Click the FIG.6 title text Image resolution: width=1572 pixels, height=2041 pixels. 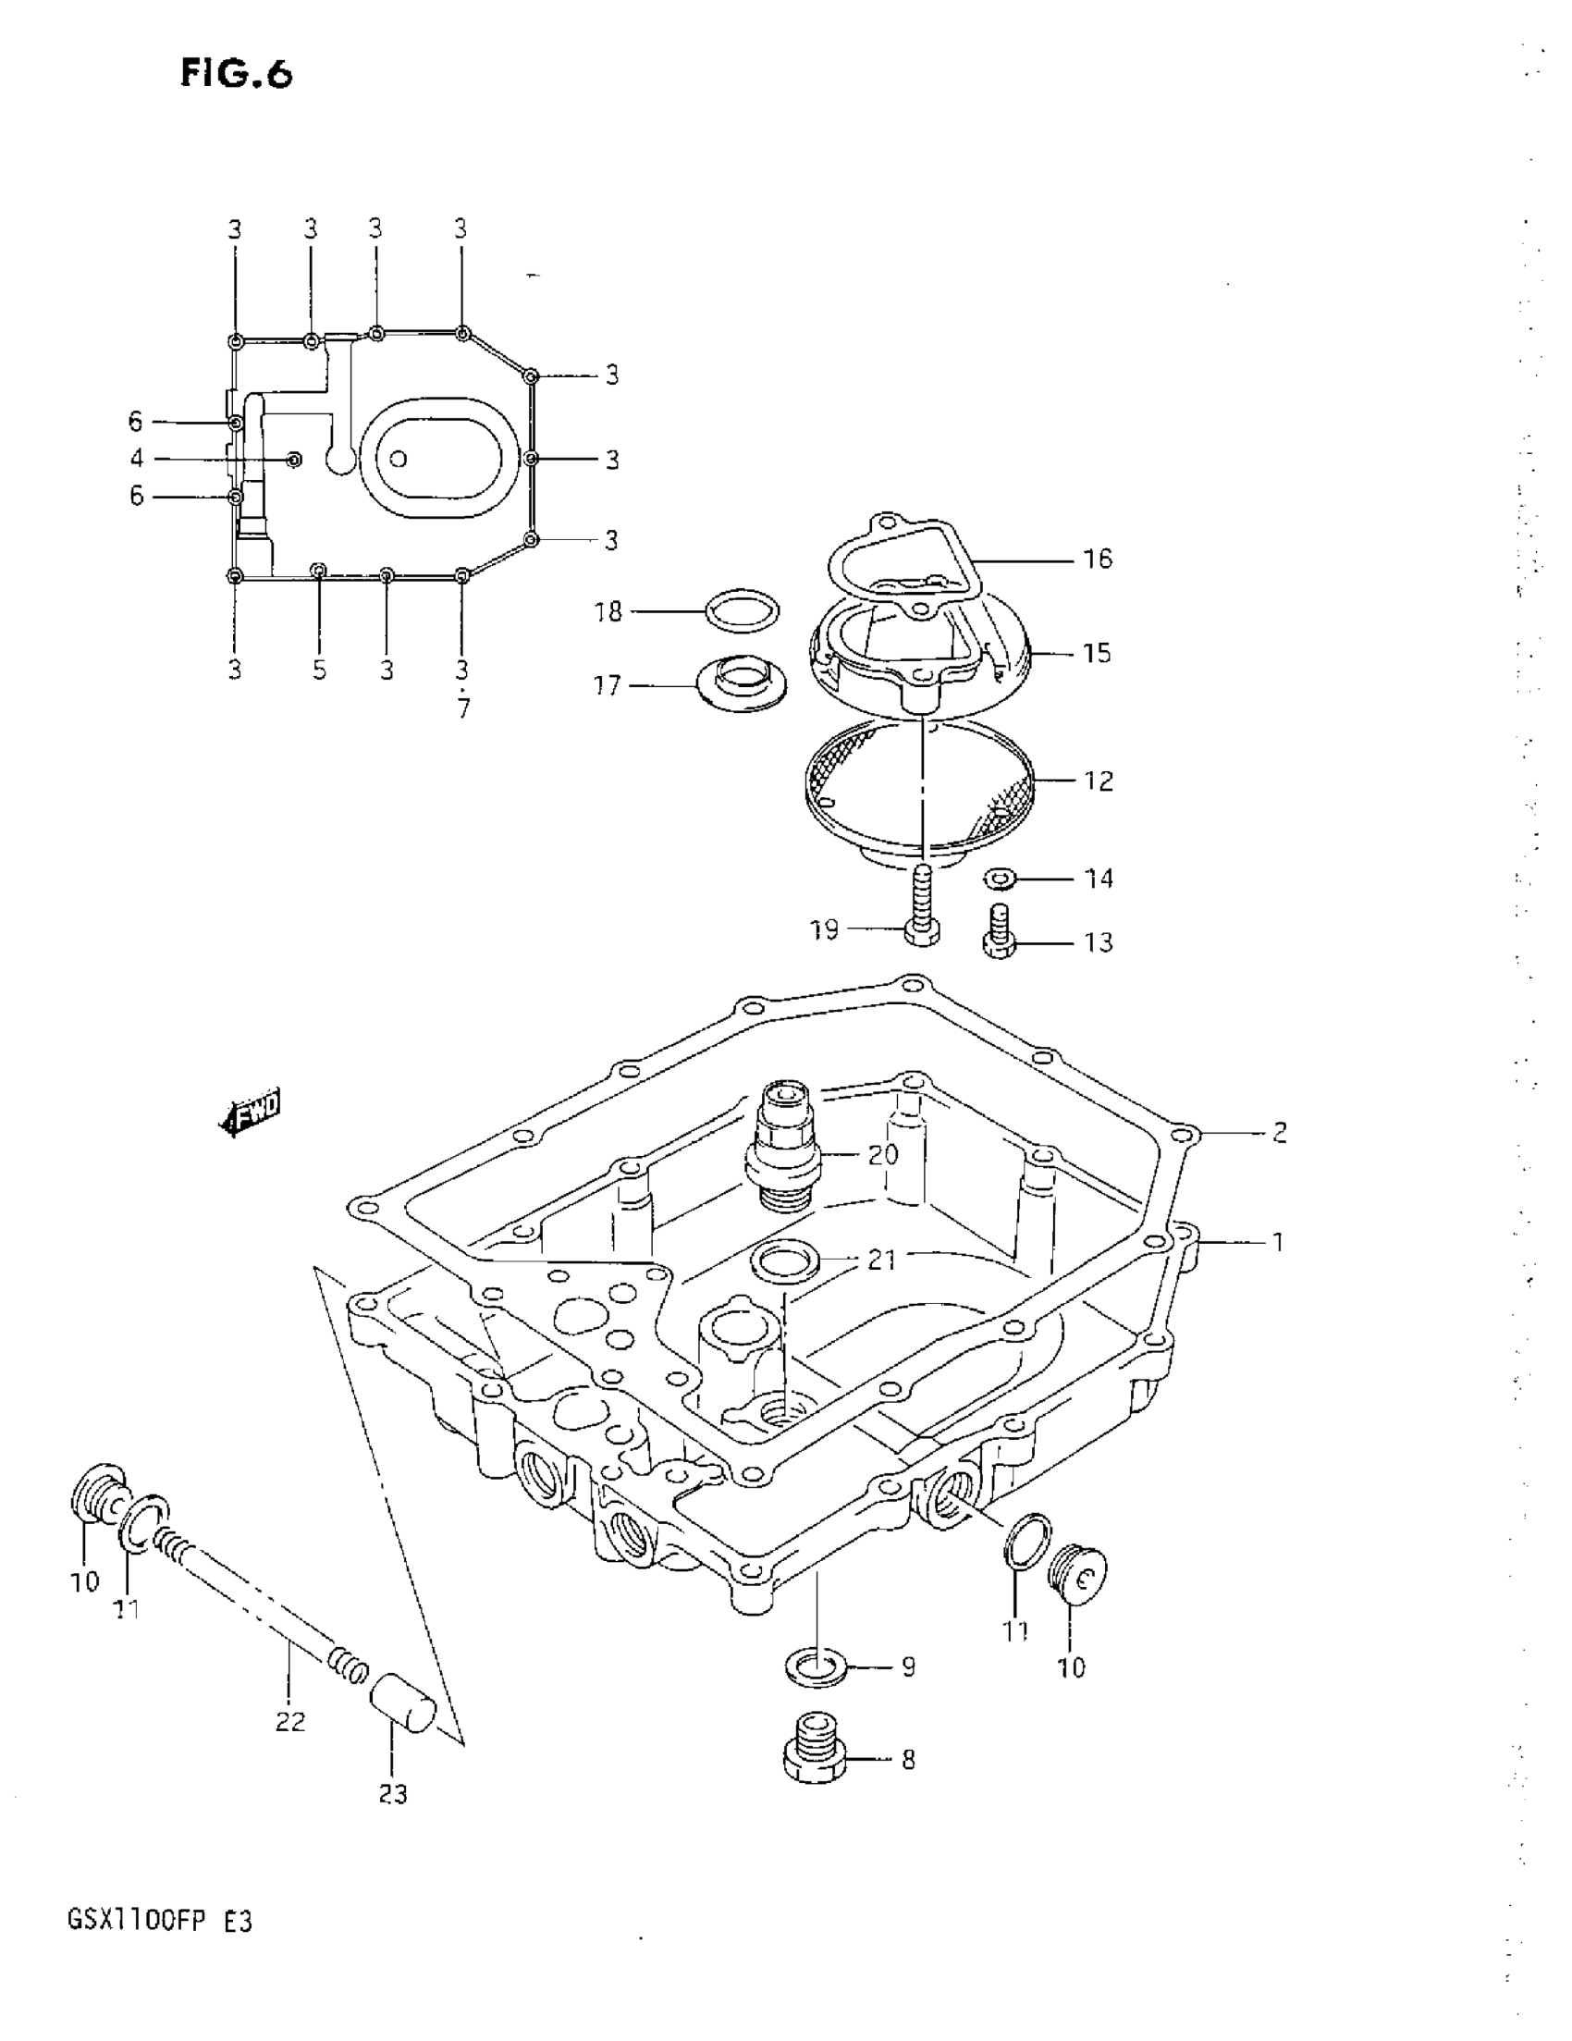point(237,73)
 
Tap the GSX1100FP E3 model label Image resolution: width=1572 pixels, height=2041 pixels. point(159,1922)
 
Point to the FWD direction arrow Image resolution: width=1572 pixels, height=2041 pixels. point(251,1113)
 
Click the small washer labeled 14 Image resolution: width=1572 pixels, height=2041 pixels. point(1001,879)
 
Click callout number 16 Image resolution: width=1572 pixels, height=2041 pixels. point(1098,559)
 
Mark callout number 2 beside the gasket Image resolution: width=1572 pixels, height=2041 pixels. point(1279,1133)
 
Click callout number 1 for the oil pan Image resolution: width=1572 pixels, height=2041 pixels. point(1278,1242)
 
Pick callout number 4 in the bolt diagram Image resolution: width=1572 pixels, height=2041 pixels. point(138,459)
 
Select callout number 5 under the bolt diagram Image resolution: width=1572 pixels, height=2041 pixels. point(320,670)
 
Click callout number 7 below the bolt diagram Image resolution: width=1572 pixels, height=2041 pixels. point(463,709)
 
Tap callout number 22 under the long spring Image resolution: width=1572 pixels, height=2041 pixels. point(289,1721)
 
